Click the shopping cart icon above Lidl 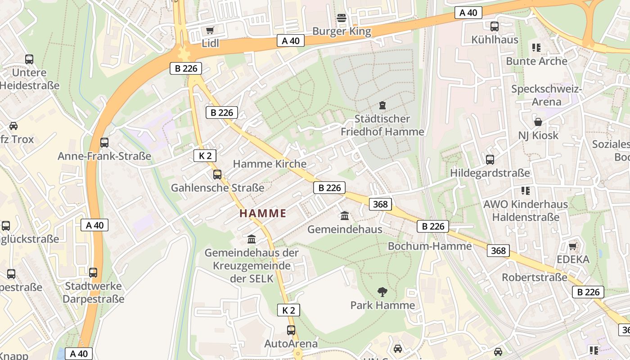(x=209, y=30)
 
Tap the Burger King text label (x=342, y=31)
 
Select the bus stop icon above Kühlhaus (x=495, y=27)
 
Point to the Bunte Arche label (x=536, y=61)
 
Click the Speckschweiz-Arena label (x=546, y=95)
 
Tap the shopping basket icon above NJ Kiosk (x=538, y=122)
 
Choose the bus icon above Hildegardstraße (x=490, y=160)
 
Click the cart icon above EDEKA (x=572, y=246)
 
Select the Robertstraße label (x=534, y=277)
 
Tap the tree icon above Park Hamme (x=382, y=292)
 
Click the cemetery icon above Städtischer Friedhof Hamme (x=382, y=106)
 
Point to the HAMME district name (x=263, y=213)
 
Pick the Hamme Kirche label (x=270, y=164)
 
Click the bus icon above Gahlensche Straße (x=217, y=175)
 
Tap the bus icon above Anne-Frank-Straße (x=104, y=143)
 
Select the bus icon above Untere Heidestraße (x=29, y=59)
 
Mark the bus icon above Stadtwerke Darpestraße (x=93, y=273)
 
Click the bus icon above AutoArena (x=291, y=330)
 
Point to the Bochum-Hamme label (x=429, y=246)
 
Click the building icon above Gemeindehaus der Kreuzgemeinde (x=252, y=239)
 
